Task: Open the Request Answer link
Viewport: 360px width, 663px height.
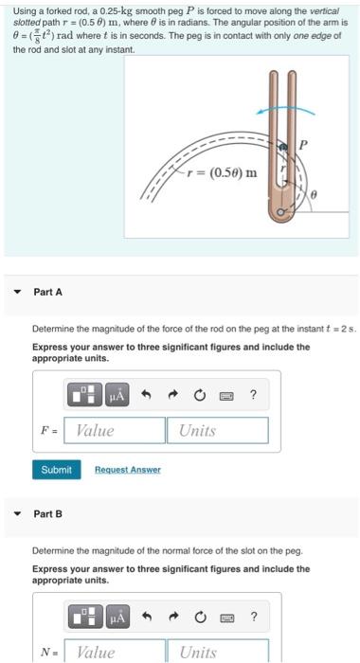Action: [127, 470]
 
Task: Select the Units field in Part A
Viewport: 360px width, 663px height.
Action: [218, 430]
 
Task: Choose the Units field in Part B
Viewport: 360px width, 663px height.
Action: [218, 652]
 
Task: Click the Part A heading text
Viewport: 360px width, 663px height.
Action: [47, 292]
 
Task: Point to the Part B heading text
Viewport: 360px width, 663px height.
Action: [47, 514]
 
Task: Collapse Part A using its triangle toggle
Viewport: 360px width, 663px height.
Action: [16, 292]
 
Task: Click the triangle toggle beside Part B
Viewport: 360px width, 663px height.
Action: [16, 514]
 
